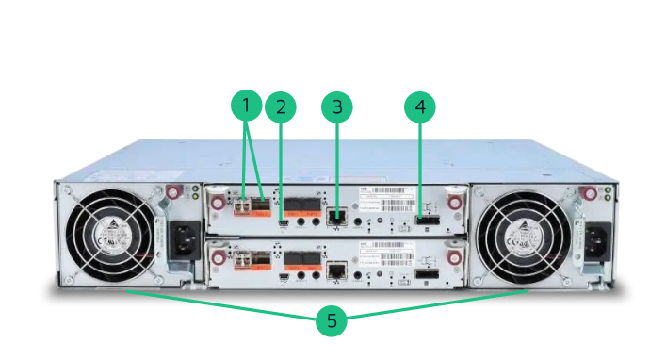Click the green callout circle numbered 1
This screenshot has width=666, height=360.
click(x=247, y=106)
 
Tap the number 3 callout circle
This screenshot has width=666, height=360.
click(x=337, y=106)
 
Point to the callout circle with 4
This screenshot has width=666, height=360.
click(x=420, y=106)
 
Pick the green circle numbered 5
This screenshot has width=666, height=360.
click(x=332, y=320)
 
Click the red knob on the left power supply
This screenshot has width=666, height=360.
click(x=172, y=193)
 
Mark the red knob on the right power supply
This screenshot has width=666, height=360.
click(x=588, y=193)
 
